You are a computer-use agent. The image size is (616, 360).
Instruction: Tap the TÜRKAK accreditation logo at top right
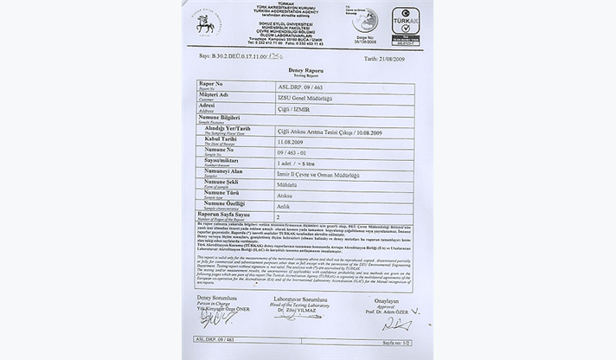[x=405, y=21]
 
